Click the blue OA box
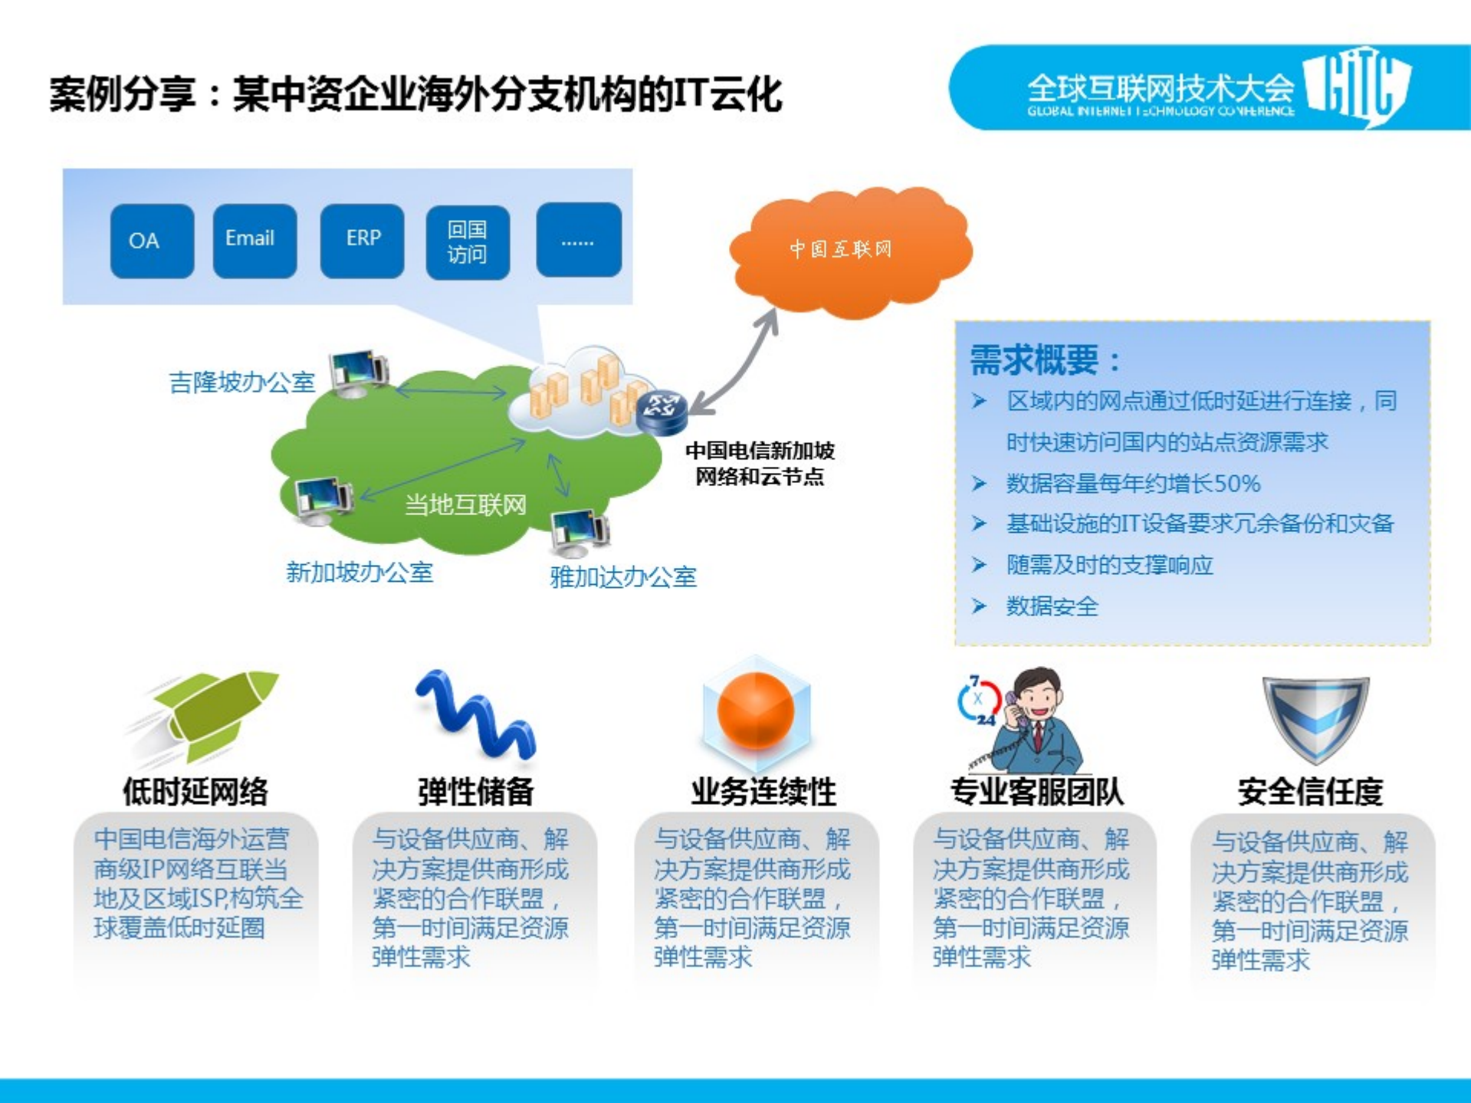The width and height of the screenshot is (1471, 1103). (x=152, y=241)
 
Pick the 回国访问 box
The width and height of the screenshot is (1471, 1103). (x=468, y=242)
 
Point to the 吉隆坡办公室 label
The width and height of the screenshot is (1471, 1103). (x=241, y=382)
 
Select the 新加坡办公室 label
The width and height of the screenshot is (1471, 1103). (x=359, y=572)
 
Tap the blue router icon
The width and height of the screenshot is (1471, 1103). (x=661, y=412)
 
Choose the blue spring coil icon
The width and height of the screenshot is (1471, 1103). (x=475, y=714)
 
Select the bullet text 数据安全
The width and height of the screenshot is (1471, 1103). (x=1052, y=606)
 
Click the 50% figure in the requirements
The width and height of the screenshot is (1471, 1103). (x=1237, y=484)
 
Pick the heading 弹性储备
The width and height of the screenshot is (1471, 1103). (x=475, y=791)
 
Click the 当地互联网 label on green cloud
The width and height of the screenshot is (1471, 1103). (x=465, y=505)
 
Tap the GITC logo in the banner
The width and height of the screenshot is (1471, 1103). (x=1357, y=86)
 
